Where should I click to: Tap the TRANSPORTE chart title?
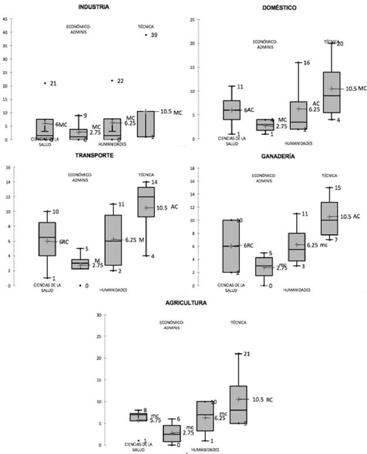90,156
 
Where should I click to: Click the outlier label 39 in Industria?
154,36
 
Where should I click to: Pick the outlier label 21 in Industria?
53,84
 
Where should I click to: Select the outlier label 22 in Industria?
120,81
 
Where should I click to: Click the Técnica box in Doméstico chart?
332,92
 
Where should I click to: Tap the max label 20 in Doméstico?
340,43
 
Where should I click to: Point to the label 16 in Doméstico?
307,63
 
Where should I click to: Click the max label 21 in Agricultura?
246,354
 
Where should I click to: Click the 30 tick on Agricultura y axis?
100,315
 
